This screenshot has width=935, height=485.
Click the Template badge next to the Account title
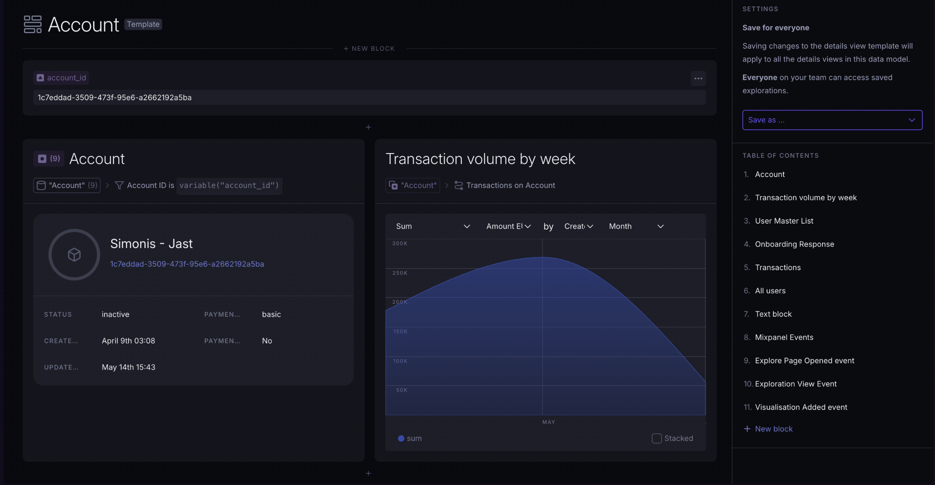143,24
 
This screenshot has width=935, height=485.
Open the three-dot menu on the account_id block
698,78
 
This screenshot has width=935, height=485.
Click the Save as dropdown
832,120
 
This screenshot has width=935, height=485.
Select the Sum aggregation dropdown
432,227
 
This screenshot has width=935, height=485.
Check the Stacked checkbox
657,438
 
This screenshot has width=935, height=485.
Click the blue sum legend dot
401,438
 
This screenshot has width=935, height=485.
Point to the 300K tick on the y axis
400,244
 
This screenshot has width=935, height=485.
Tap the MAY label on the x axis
548,422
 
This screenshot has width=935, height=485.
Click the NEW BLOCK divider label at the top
369,49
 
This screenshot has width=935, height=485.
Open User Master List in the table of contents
784,221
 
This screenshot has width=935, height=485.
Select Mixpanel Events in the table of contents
784,337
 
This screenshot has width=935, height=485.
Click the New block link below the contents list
773,429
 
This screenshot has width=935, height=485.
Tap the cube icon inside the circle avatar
74,255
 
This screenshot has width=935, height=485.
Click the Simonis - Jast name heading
151,244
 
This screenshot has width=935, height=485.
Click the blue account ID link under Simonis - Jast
187,264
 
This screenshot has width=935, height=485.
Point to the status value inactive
115,315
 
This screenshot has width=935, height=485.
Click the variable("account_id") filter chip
229,185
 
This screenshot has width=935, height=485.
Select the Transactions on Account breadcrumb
510,185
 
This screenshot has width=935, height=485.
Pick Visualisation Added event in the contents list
801,407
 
